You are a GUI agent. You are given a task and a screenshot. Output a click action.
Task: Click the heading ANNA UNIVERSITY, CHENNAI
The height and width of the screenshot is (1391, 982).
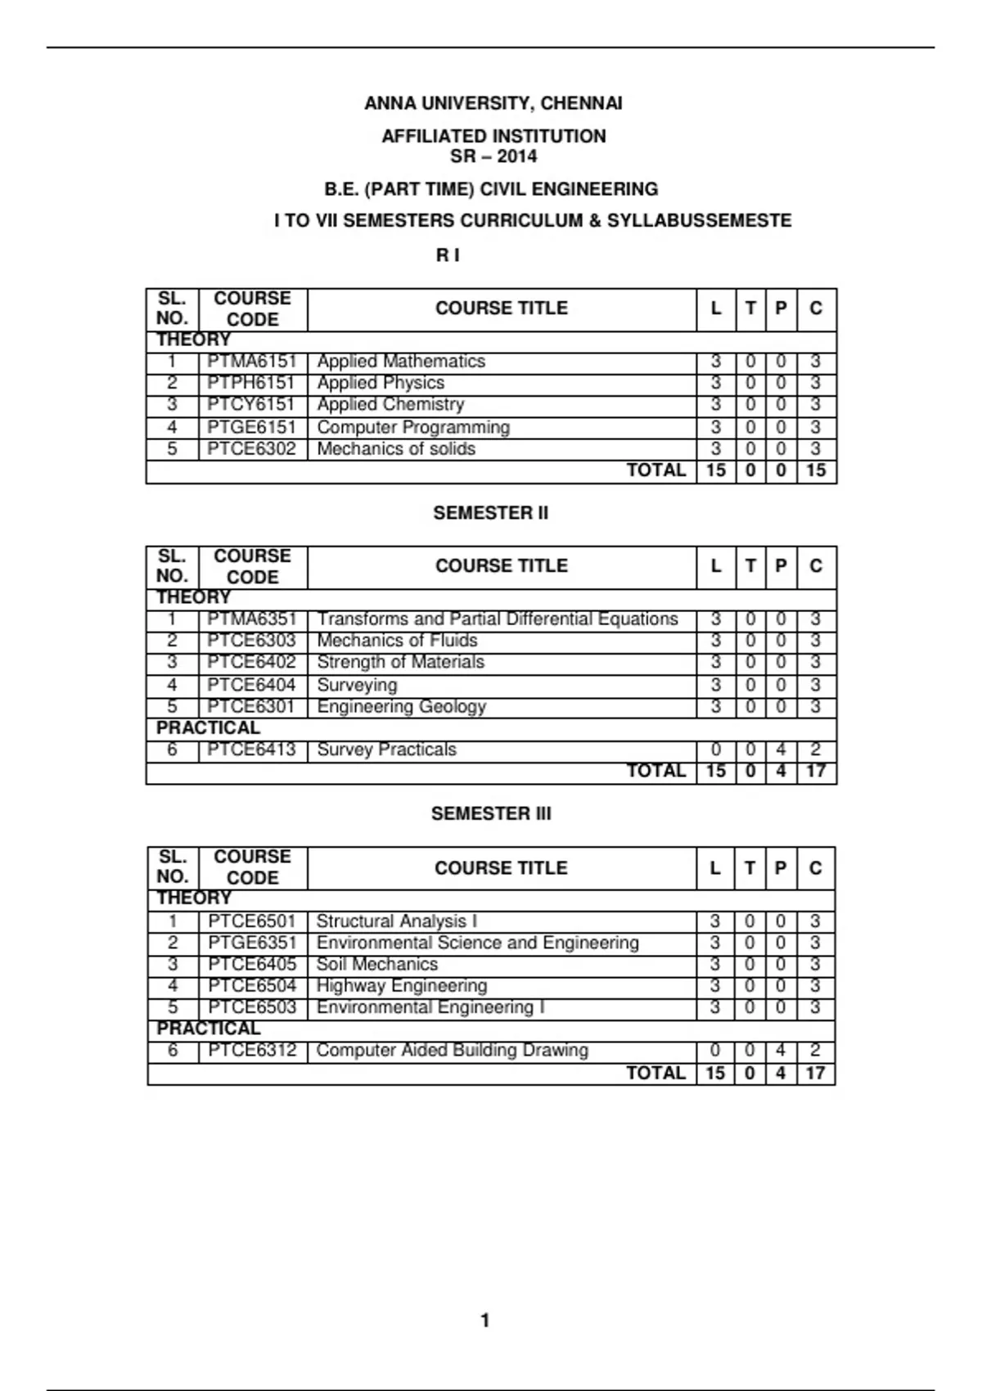click(493, 104)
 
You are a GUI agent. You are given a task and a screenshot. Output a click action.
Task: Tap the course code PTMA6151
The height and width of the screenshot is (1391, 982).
click(251, 362)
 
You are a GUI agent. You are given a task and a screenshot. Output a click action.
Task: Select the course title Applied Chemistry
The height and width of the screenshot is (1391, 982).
click(390, 405)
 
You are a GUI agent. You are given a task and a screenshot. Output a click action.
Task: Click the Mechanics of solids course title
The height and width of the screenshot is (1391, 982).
click(395, 449)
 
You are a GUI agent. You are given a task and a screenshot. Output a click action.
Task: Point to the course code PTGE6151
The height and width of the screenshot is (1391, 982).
click(251, 427)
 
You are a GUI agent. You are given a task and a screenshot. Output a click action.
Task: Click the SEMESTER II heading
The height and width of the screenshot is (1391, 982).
click(491, 513)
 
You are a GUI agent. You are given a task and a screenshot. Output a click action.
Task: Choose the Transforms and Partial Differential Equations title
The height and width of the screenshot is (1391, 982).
click(498, 619)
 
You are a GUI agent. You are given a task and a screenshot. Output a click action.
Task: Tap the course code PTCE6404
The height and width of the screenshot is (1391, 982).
click(251, 685)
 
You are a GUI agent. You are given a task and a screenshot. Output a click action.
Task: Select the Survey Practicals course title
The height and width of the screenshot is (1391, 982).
click(386, 750)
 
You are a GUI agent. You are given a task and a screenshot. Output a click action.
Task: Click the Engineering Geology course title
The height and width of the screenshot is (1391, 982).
click(401, 706)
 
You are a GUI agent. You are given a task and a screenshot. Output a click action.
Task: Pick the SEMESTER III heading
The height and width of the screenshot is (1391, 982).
click(491, 813)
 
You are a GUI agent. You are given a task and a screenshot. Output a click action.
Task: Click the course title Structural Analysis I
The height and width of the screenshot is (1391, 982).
click(396, 921)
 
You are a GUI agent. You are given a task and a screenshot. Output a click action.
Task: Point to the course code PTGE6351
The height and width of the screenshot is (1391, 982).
click(252, 943)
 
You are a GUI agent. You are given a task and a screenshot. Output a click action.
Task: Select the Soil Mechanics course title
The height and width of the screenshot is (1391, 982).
click(376, 964)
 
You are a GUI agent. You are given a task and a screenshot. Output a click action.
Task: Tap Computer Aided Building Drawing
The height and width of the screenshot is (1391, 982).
click(452, 1050)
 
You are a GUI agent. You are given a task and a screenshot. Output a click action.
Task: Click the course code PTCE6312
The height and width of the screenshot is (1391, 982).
click(252, 1050)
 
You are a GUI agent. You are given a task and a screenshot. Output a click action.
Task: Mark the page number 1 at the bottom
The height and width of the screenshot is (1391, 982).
click(485, 1320)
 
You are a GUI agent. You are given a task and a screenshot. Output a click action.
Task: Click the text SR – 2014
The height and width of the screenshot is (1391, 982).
click(493, 156)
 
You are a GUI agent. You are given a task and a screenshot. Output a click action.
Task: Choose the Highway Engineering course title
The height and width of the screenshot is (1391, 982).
click(401, 986)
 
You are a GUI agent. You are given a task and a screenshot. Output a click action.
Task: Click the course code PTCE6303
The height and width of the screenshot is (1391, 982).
click(251, 641)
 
